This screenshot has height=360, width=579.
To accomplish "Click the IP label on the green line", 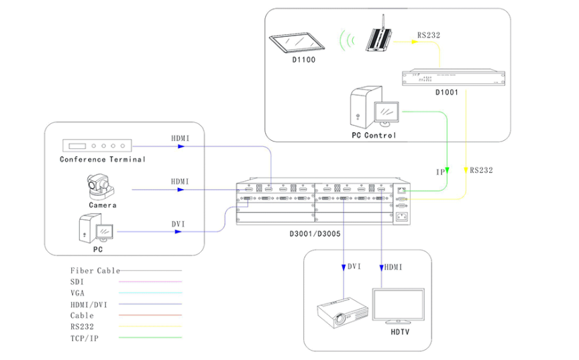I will point(441,172).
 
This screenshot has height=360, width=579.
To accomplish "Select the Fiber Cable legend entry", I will point(95,271).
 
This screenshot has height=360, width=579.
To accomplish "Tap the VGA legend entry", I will point(77,293).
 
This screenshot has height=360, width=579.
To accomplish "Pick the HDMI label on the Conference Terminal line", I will point(180,139).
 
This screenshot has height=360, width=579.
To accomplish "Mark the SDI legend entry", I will point(76,282).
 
